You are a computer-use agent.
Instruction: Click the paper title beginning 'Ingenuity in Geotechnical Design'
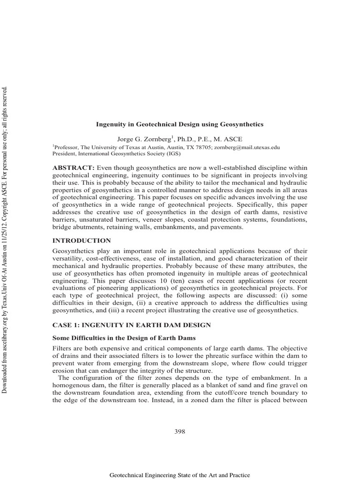180,124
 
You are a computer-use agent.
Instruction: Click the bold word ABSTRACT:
74,168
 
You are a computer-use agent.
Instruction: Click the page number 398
180,432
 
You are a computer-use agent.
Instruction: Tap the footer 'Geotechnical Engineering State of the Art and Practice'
180,475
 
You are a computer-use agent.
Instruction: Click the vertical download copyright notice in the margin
6,234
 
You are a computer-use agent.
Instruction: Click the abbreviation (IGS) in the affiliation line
167,153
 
